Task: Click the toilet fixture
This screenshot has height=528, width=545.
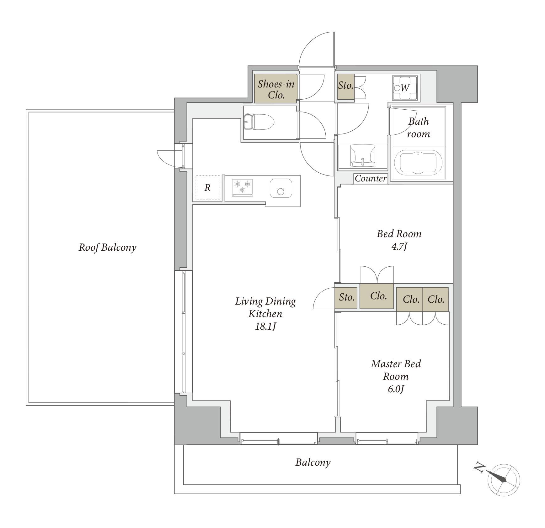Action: click(259, 122)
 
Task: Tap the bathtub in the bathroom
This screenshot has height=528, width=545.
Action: click(418, 163)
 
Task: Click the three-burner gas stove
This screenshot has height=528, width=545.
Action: click(242, 187)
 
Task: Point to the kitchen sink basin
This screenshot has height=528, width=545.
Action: click(281, 188)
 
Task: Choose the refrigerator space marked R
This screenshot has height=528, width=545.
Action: click(208, 188)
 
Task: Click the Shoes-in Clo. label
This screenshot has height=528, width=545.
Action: click(276, 89)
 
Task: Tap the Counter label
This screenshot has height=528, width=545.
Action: click(371, 179)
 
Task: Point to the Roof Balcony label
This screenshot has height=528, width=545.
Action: click(107, 247)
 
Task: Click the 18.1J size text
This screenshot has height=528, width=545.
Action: click(265, 327)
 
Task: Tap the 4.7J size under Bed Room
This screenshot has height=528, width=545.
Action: click(399, 247)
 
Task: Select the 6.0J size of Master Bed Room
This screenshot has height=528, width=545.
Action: click(396, 389)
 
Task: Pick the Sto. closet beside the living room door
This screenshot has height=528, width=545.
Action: click(346, 297)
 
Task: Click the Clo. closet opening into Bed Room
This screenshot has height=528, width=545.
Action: click(377, 296)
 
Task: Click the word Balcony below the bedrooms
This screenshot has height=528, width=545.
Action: click(313, 463)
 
